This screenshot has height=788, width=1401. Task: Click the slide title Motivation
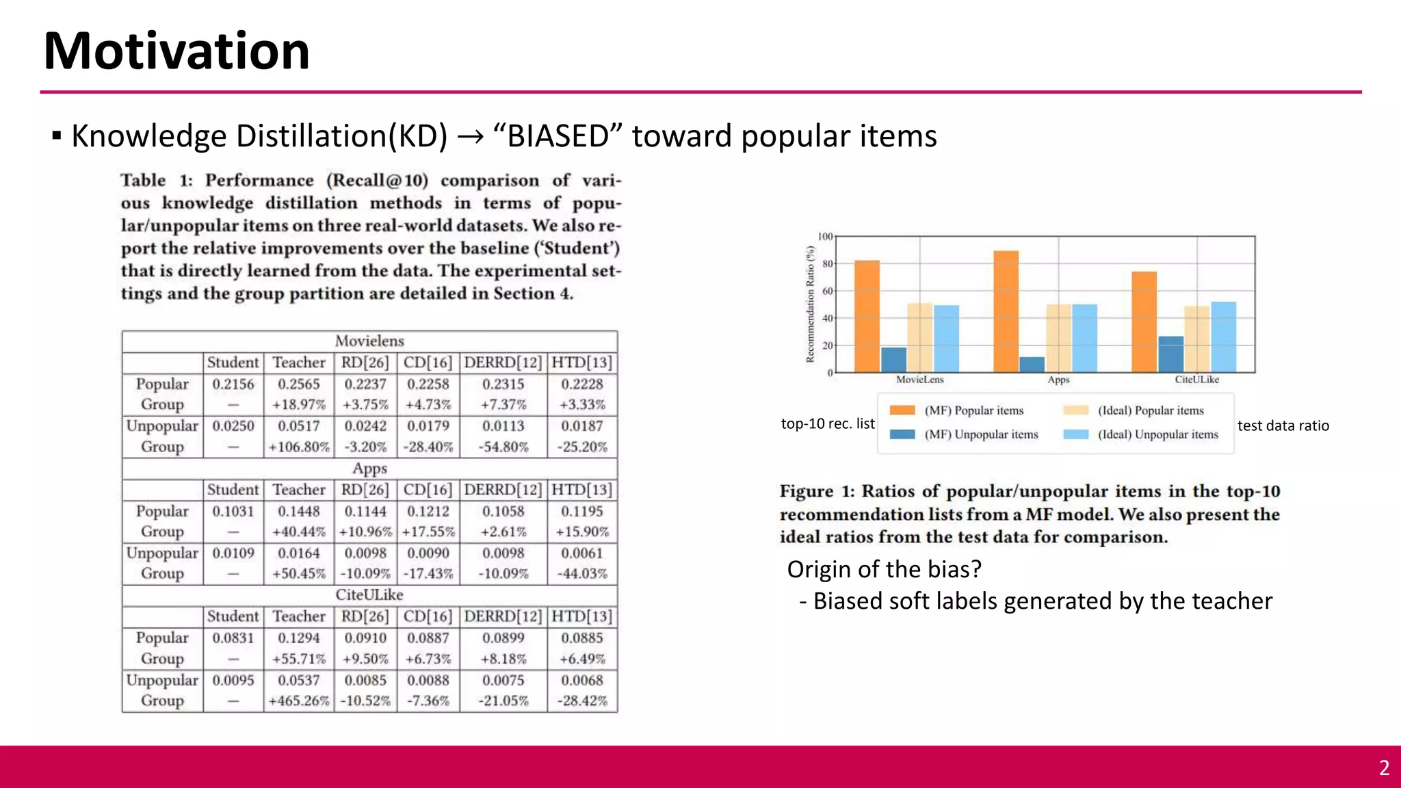(x=176, y=51)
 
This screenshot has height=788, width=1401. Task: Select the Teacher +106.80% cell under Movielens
(x=299, y=447)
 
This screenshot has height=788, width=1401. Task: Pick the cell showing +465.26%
(x=299, y=701)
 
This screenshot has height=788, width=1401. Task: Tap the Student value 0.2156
(x=233, y=384)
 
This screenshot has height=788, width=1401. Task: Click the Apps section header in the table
(x=369, y=469)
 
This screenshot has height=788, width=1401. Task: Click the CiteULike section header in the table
(x=369, y=595)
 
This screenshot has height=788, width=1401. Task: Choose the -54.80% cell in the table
(x=503, y=447)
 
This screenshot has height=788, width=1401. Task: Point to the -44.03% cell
(x=582, y=574)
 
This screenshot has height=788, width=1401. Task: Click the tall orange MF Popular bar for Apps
(x=1006, y=311)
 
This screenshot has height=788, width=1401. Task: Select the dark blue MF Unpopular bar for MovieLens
(x=893, y=360)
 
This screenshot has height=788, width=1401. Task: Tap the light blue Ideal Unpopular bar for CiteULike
(x=1223, y=337)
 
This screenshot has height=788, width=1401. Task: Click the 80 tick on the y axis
(x=828, y=264)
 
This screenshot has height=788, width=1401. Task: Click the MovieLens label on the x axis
(x=920, y=380)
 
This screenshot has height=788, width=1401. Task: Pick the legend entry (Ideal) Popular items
(x=1150, y=410)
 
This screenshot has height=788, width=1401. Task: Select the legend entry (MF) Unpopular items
(x=981, y=434)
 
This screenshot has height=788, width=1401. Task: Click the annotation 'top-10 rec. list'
(x=828, y=424)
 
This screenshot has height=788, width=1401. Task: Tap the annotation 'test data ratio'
(x=1283, y=425)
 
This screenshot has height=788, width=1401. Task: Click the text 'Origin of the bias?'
(x=884, y=569)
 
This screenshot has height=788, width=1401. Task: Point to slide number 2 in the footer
(x=1384, y=767)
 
